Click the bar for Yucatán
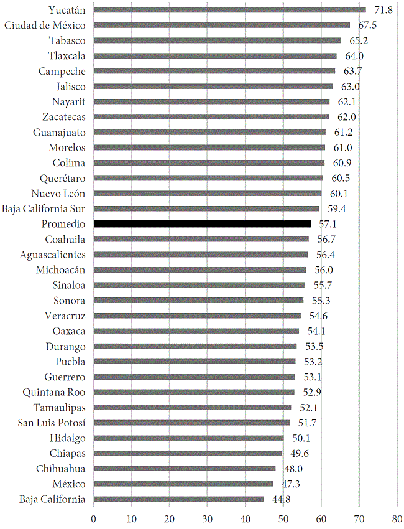pyautogui.click(x=230, y=10)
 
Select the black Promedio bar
pyautogui.click(x=202, y=224)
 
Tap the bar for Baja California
pyautogui.click(x=178, y=499)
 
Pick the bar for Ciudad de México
pyautogui.click(x=222, y=26)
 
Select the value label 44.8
pyautogui.click(x=280, y=499)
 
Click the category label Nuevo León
pyautogui.click(x=58, y=194)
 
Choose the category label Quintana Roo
pyautogui.click(x=54, y=392)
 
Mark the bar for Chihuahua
pyautogui.click(x=185, y=469)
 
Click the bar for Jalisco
pyautogui.click(x=213, y=87)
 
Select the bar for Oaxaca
pyautogui.click(x=196, y=331)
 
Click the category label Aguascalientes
pyautogui.click(x=53, y=255)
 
